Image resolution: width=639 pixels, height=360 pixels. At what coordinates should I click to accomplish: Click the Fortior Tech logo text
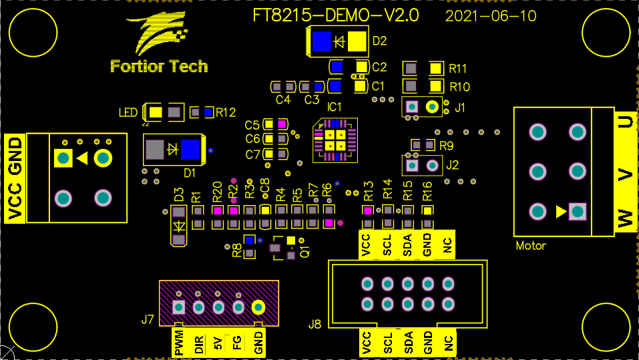coord(159,66)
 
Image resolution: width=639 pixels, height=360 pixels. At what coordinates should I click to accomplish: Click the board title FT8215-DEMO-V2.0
coord(336,16)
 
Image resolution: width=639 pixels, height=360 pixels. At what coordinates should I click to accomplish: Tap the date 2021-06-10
coord(491,16)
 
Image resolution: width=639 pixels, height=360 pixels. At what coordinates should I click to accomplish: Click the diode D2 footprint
coord(339,42)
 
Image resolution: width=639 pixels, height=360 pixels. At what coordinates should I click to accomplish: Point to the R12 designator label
coord(226,113)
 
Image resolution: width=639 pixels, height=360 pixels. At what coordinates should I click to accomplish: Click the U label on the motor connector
coord(625,122)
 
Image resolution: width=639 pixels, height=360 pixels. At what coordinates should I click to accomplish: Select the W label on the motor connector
coord(625,218)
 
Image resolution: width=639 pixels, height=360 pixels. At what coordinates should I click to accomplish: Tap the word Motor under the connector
coord(531,246)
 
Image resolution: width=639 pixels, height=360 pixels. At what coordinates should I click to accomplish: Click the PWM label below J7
coord(178,342)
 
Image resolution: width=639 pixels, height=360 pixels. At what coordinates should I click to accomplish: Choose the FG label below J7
coord(237,343)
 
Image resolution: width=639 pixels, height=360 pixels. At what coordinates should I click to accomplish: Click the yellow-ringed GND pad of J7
coord(258,307)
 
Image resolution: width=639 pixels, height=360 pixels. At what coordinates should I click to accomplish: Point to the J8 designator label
coord(315,325)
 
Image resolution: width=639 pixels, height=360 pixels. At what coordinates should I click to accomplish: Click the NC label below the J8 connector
coord(449,343)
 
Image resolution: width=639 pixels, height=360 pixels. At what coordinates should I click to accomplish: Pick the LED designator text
coord(128,113)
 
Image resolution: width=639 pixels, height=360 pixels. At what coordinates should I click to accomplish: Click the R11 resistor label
coord(458,68)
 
